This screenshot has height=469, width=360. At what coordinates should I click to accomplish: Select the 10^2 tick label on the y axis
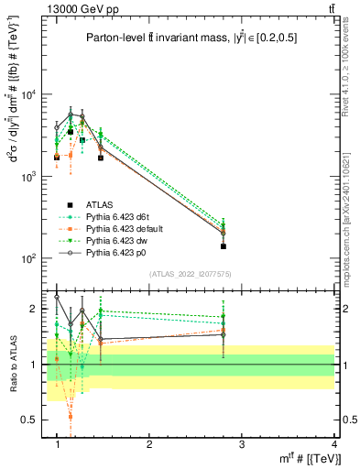pos(30,258)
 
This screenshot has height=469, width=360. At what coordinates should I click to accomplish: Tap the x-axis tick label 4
pos(333,443)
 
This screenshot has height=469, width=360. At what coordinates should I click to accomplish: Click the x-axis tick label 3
pos(241,443)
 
